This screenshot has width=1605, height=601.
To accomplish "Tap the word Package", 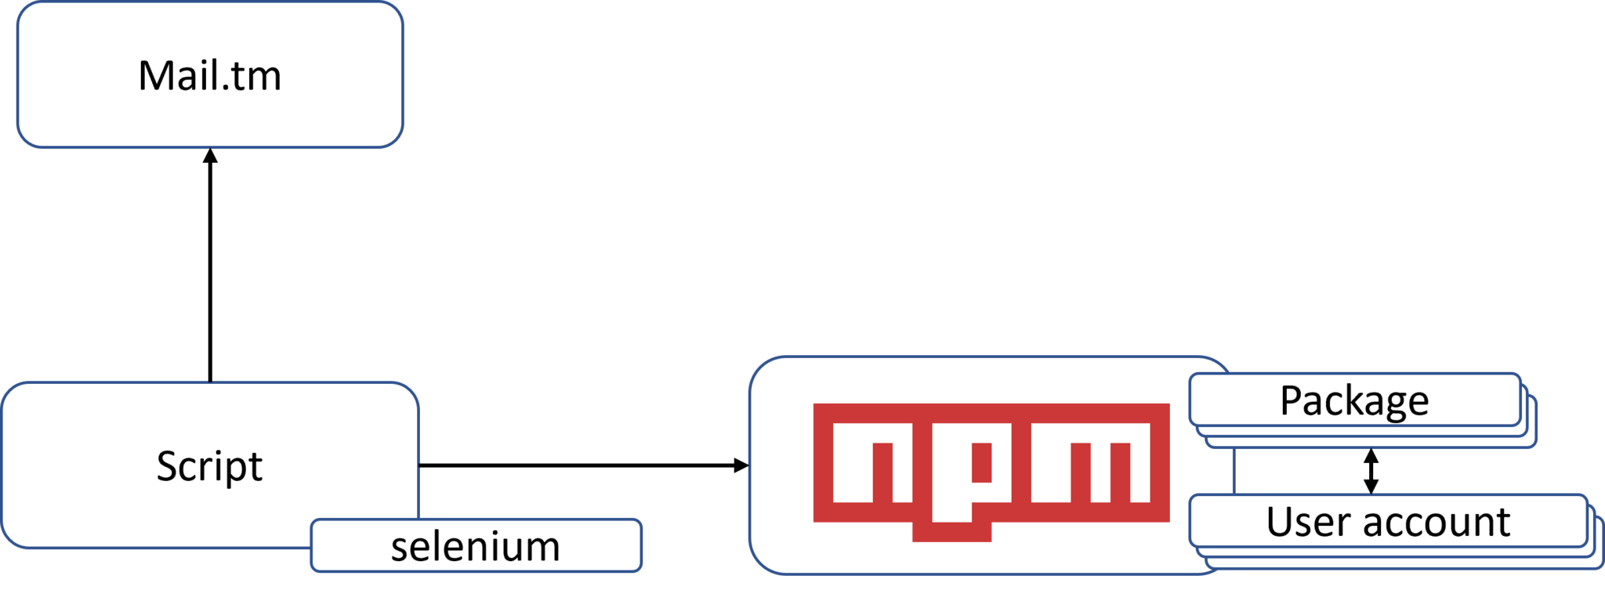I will [1354, 401].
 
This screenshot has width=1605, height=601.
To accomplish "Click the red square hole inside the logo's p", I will [981, 463].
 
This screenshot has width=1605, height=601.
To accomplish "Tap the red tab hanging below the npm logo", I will [951, 533].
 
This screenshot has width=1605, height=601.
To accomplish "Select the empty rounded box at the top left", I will [210, 74].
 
